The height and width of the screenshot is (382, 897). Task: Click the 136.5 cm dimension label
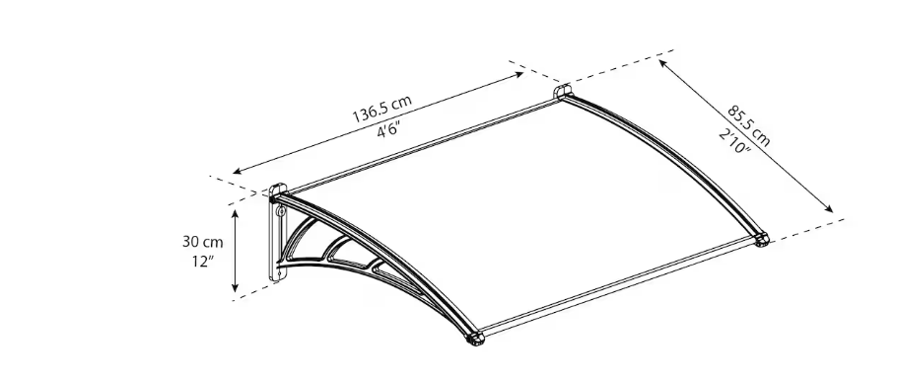coord(381,109)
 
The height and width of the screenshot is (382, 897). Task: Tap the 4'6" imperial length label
coord(388,130)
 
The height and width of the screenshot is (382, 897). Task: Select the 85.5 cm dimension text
coord(748,125)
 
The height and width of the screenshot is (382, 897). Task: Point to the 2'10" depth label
coord(734,141)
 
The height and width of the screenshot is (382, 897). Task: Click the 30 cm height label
coord(202,242)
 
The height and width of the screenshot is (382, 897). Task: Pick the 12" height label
coord(202,262)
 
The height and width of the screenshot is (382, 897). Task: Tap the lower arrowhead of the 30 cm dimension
coord(235,287)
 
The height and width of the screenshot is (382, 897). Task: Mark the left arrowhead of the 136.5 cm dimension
coord(238,171)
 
